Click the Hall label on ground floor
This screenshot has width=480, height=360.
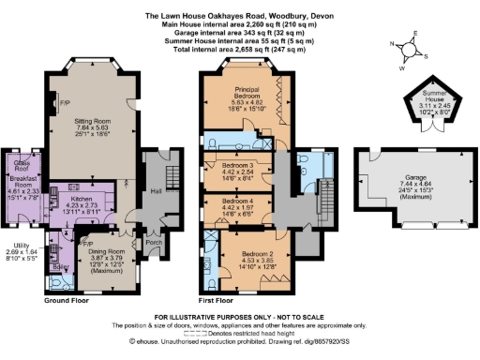(156, 192)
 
